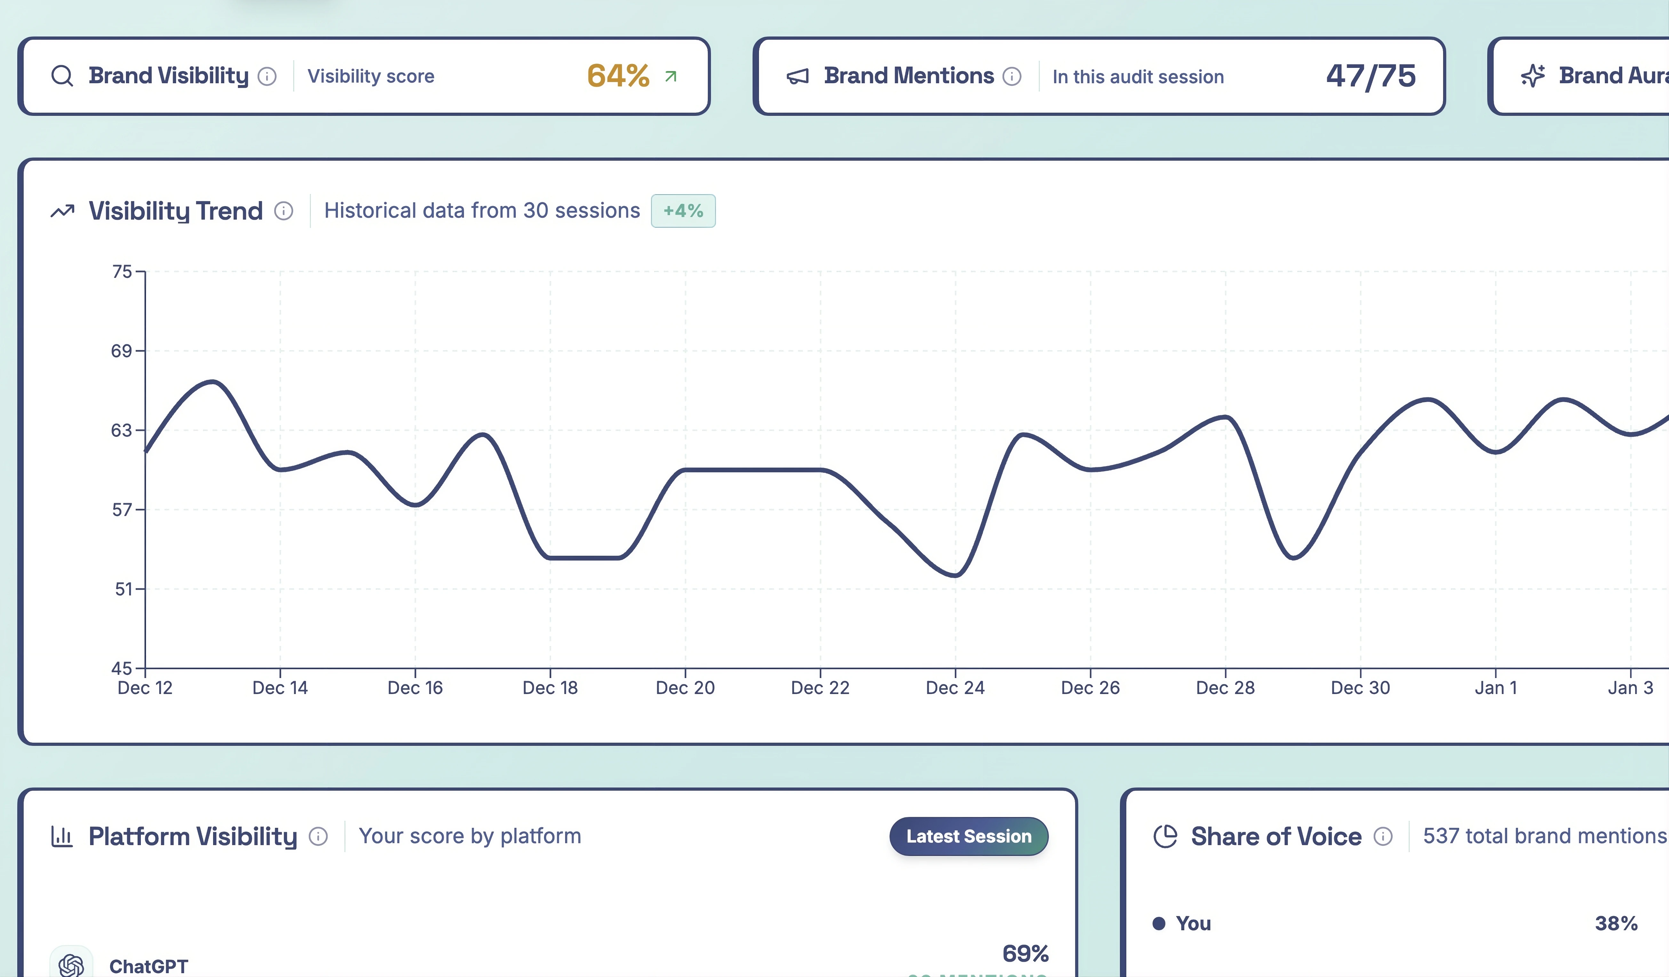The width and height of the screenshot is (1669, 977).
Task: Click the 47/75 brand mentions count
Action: tap(1370, 76)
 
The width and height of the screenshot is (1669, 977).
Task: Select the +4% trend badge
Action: tap(683, 211)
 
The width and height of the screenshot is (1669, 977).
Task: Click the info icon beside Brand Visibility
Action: tap(267, 77)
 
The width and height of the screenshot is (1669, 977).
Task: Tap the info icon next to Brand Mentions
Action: tap(1011, 77)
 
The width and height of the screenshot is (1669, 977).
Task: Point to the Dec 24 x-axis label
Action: tap(955, 688)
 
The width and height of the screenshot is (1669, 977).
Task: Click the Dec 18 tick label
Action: tap(550, 688)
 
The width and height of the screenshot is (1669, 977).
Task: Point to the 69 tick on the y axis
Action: tap(122, 351)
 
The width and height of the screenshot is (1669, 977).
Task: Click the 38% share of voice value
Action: tap(1616, 923)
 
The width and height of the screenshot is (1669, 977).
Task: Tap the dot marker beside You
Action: tap(1158, 923)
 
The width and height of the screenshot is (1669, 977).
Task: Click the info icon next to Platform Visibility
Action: tap(319, 836)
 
